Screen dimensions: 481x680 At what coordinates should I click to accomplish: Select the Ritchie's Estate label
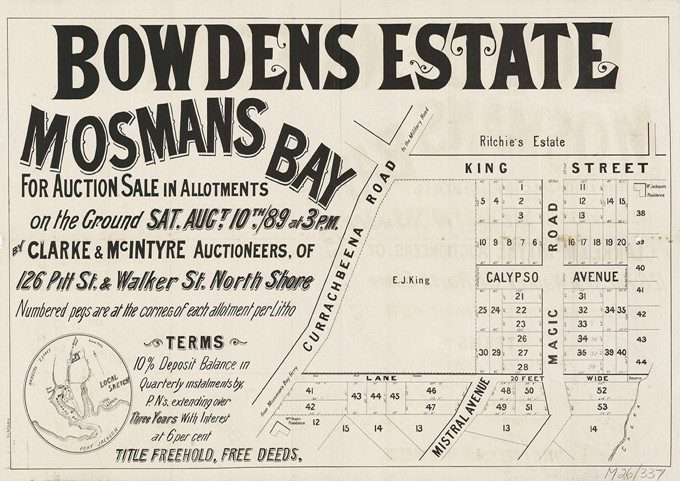(522, 142)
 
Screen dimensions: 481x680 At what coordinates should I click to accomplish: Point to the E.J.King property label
(411, 279)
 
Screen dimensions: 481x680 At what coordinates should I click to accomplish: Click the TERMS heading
(194, 342)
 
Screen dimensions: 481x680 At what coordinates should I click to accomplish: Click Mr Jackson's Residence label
(657, 189)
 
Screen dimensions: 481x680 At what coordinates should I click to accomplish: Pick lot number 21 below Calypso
(520, 296)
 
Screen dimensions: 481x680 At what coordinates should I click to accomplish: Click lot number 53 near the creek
(602, 407)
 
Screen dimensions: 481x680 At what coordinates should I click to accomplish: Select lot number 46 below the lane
(431, 390)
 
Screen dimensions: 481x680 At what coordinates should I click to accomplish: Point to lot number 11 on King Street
(582, 188)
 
